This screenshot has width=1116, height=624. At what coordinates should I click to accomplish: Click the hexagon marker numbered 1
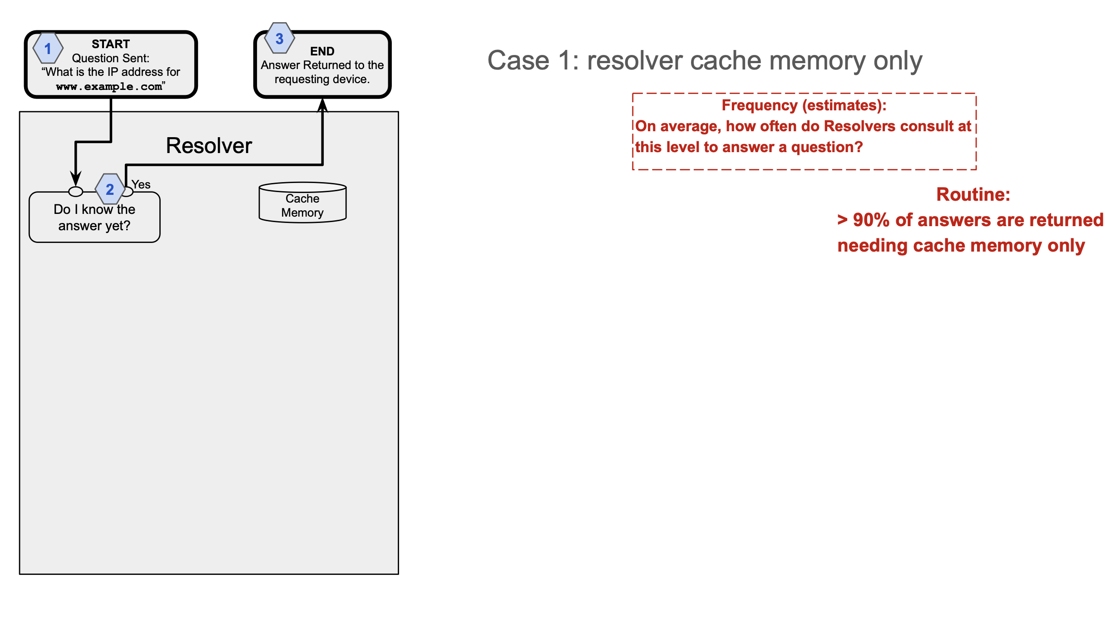click(48, 48)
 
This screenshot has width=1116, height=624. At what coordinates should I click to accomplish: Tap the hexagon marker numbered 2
click(110, 189)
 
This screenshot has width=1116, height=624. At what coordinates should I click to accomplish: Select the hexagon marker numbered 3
click(280, 38)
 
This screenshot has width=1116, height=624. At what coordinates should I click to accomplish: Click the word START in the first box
click(111, 44)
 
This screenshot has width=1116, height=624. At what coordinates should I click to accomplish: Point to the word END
click(322, 51)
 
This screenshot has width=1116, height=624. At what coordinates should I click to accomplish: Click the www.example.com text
click(109, 86)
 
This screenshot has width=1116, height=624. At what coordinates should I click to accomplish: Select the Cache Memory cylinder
click(302, 203)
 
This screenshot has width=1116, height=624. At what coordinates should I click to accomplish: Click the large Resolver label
click(209, 146)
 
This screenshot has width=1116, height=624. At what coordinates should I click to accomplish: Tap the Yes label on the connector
click(141, 184)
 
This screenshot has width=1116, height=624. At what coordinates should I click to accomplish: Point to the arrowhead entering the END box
click(322, 105)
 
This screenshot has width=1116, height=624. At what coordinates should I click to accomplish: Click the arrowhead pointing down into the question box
click(76, 178)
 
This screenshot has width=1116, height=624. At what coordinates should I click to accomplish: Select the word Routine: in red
click(973, 194)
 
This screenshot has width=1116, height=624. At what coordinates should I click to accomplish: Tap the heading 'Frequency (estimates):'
click(804, 105)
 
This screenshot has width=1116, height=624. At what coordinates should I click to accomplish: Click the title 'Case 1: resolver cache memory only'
click(705, 60)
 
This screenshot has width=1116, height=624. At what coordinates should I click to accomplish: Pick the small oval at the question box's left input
click(76, 192)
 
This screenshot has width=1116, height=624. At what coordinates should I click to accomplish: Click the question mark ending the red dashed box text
click(858, 147)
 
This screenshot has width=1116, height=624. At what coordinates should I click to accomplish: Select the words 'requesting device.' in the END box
click(322, 79)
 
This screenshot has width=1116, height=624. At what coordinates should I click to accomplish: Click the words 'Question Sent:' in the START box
click(111, 58)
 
